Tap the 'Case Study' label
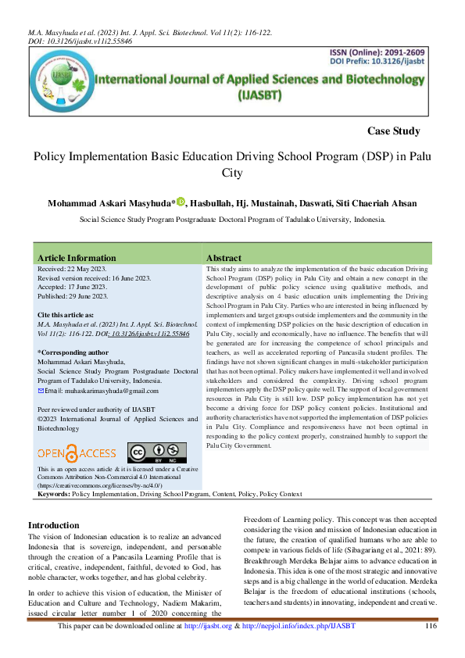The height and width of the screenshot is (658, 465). coord(393,131)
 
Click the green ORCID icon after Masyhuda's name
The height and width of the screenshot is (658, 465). coord(181,202)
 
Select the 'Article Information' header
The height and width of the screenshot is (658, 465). coord(77,258)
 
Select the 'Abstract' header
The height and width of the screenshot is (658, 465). coord(224,258)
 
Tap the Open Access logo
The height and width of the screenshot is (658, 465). coord(77,452)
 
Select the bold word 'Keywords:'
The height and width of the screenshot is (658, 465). coord(54,495)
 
